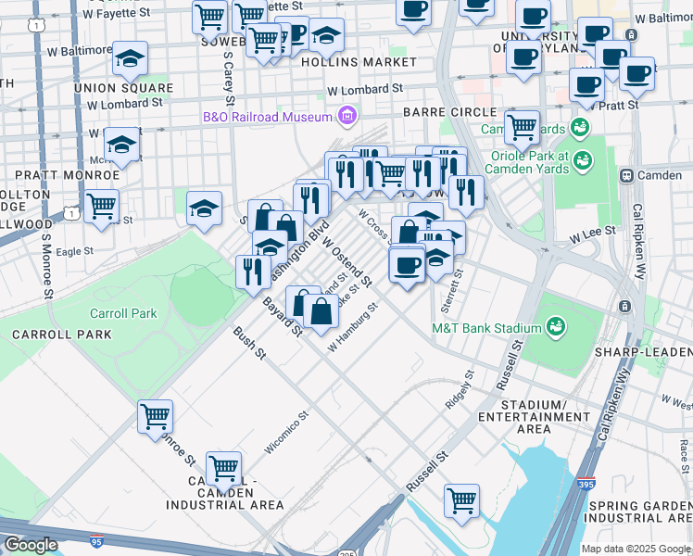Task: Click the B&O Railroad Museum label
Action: coord(268,117)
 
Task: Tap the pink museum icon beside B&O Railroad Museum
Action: coord(347,116)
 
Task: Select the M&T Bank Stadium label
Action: coord(486,328)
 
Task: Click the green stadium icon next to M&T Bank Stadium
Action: coord(556,326)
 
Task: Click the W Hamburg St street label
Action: coord(354,326)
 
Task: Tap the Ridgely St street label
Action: coord(460,389)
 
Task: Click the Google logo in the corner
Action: coord(31,545)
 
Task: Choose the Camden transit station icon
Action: coord(627,175)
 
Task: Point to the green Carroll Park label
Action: coord(123,313)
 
